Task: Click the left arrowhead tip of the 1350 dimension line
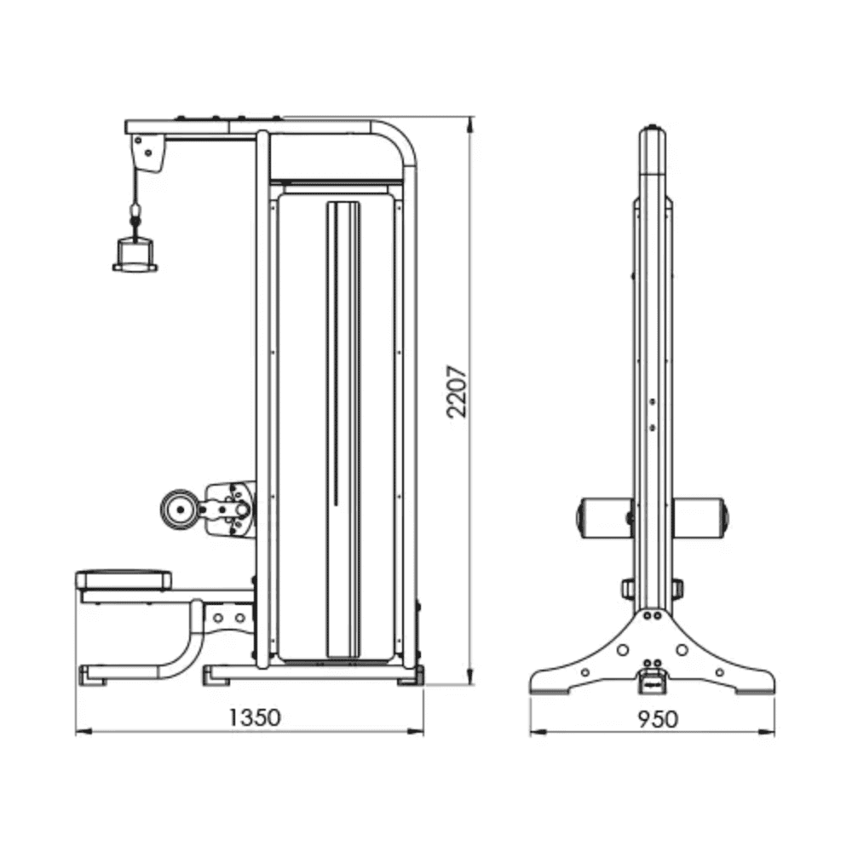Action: pyautogui.click(x=76, y=732)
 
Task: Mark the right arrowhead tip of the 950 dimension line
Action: pyautogui.click(x=774, y=733)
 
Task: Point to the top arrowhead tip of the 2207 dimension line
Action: pyautogui.click(x=470, y=116)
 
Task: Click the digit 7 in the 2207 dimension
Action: pyautogui.click(x=457, y=372)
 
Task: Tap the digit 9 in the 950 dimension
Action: pyautogui.click(x=644, y=719)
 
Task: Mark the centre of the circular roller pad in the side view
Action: pyautogui.click(x=179, y=509)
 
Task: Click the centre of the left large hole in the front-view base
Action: pyautogui.click(x=623, y=650)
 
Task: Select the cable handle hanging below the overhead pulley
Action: pyautogui.click(x=135, y=255)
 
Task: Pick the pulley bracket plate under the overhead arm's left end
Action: pyautogui.click(x=148, y=153)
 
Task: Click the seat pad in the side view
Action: pyautogui.click(x=124, y=580)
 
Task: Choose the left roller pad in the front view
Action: pyautogui.click(x=604, y=518)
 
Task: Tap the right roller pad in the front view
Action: pyautogui.click(x=699, y=518)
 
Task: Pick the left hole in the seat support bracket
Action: pyautogui.click(x=218, y=618)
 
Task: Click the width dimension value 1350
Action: pyautogui.click(x=254, y=717)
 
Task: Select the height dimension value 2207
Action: pyautogui.click(x=457, y=391)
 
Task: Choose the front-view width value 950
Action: pyautogui.click(x=658, y=719)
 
